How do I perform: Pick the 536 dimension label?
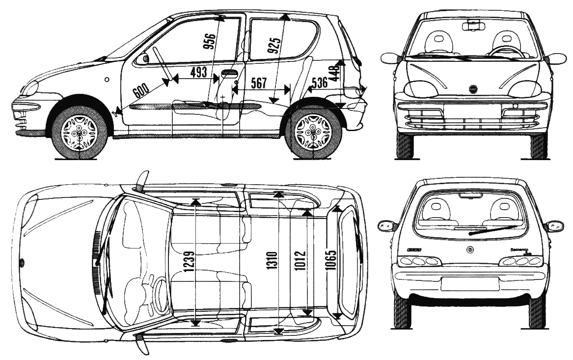[320, 83]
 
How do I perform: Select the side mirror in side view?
[144, 58]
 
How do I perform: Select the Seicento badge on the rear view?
[521, 249]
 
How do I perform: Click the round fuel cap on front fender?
[107, 79]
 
